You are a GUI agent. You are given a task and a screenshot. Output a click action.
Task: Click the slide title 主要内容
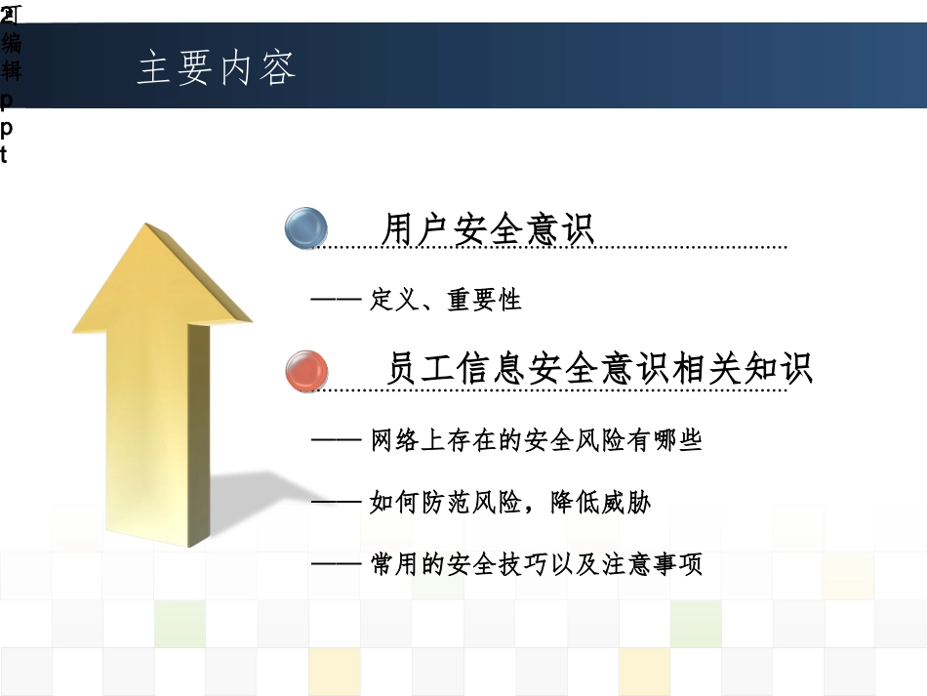click(217, 68)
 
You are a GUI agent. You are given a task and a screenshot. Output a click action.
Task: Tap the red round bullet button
click(307, 371)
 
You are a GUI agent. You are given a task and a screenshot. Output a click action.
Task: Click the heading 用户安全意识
click(488, 230)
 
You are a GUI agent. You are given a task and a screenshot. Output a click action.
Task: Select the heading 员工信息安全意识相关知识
click(599, 370)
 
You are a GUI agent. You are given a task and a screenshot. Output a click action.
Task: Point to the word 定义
click(394, 301)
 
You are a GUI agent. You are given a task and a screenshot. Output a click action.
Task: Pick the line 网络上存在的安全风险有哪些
click(537, 441)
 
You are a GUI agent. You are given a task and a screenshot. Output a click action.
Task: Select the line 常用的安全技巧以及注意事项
click(537, 565)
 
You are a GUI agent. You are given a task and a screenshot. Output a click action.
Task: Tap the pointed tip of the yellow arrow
click(151, 230)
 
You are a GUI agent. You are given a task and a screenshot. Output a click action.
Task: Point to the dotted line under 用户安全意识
click(546, 249)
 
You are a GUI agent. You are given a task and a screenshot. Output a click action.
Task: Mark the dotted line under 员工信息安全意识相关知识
click(546, 390)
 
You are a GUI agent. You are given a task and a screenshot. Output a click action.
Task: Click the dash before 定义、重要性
click(336, 301)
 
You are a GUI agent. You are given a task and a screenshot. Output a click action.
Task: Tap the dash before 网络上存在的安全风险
click(336, 441)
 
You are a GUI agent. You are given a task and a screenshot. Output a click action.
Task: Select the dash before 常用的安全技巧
click(336, 565)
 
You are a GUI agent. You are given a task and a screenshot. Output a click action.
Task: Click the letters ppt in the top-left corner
click(7, 126)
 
